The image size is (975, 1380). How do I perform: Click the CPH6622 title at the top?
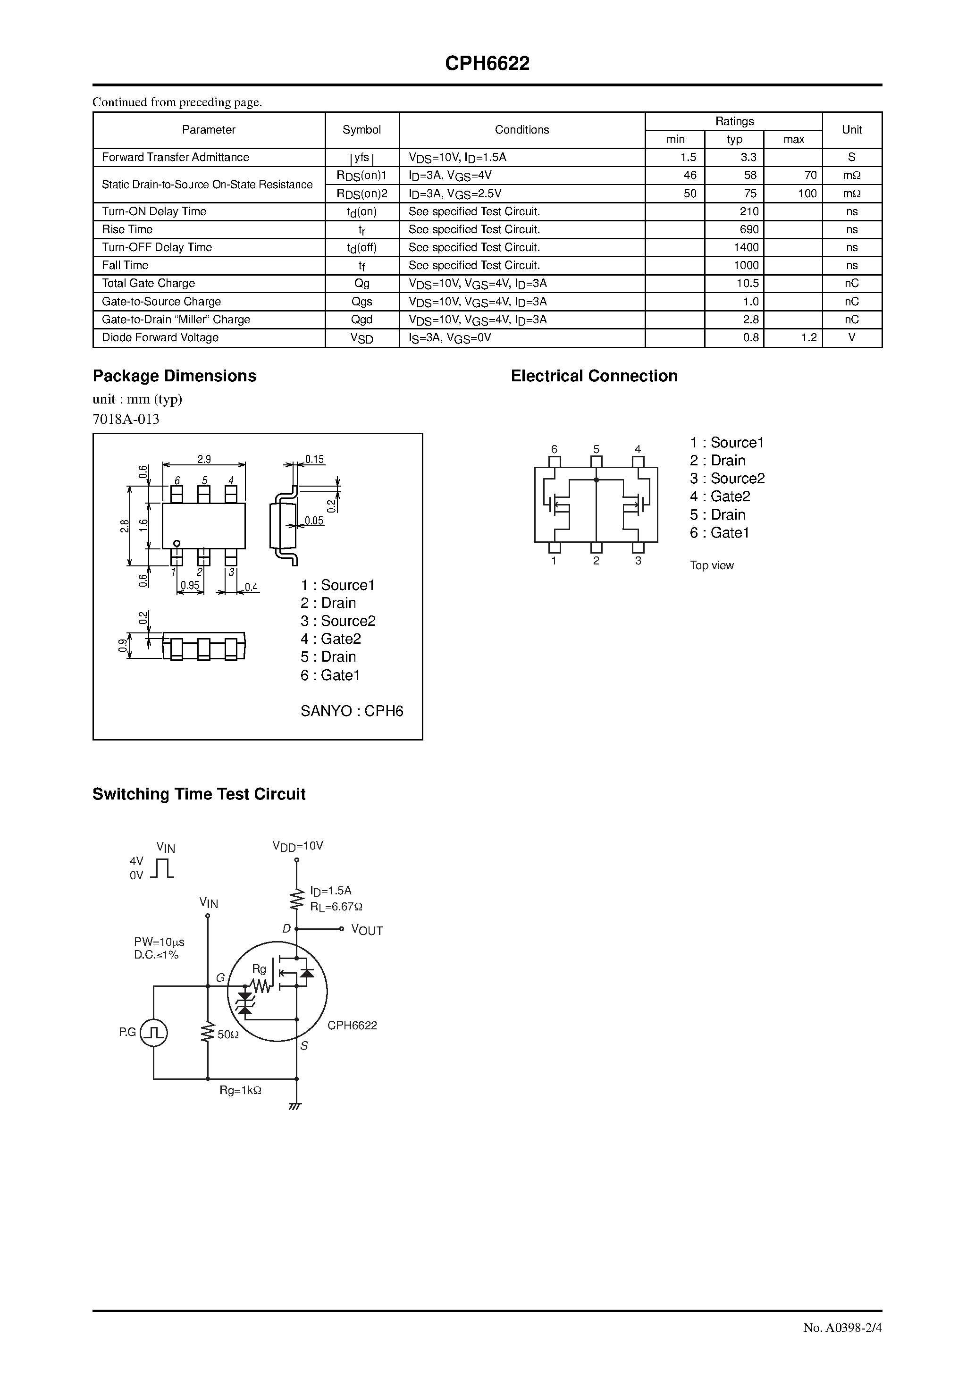point(487,64)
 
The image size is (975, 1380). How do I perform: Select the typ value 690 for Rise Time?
point(749,229)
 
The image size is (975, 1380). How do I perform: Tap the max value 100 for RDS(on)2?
point(807,194)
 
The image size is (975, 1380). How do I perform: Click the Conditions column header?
point(522,130)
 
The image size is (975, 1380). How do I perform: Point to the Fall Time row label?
point(125,265)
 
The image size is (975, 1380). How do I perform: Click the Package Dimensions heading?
point(174,376)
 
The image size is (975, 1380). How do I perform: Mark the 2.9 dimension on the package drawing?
point(204,459)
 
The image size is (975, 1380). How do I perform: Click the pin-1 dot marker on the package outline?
point(177,543)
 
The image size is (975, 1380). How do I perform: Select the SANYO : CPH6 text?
point(352,711)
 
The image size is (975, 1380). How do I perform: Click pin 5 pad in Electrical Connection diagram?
point(597,462)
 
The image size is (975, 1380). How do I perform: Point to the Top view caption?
point(712,565)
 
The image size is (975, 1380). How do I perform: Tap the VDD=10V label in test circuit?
point(297,846)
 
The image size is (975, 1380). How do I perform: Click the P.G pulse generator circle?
point(154,1033)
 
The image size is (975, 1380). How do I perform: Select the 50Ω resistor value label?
point(228,1035)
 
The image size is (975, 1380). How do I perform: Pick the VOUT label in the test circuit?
point(367,930)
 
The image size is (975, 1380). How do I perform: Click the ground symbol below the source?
point(295,1106)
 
